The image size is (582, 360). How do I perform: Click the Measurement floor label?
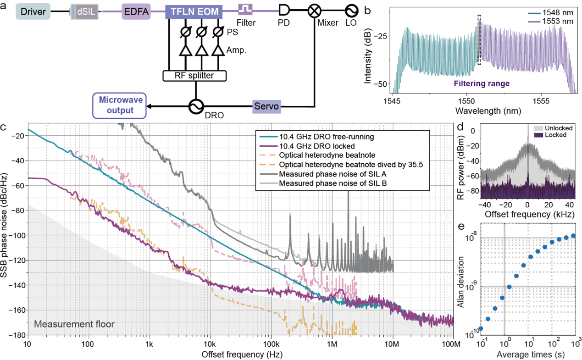(x=74, y=325)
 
